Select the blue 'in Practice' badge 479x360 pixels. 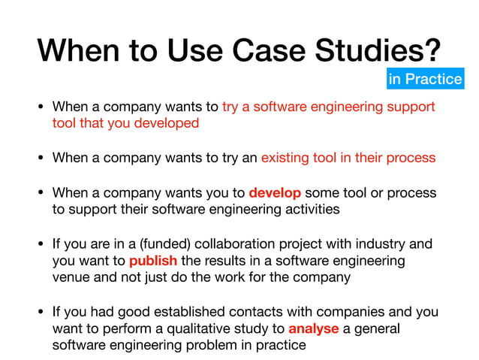click(425, 78)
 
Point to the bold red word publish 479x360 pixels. click(153, 261)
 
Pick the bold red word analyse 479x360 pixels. click(314, 328)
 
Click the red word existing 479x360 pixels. click(289, 158)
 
